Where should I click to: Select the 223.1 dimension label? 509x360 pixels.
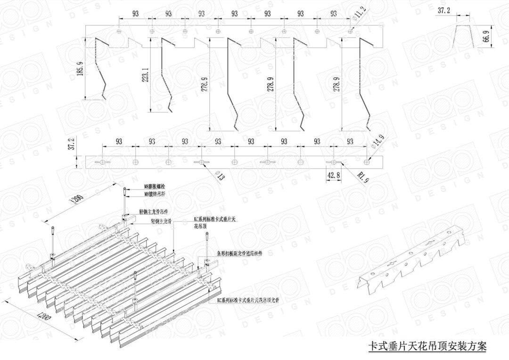tap(145, 75)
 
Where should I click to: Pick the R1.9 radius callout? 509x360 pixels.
tap(363, 178)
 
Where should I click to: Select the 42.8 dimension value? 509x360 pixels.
tap(334, 175)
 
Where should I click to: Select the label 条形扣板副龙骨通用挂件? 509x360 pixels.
tap(239, 253)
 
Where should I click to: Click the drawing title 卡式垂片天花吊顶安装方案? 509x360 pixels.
tap(427, 345)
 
